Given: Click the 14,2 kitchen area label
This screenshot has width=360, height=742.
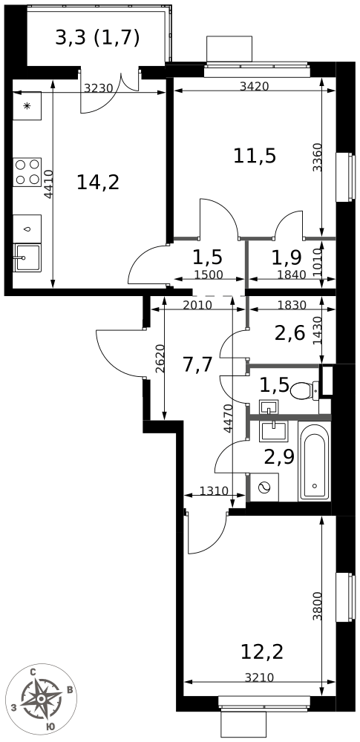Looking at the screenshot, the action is tap(97, 183).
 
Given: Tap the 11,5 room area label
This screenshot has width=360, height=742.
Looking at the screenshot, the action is tap(255, 155).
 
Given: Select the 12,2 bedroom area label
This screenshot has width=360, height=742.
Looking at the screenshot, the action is tap(262, 652).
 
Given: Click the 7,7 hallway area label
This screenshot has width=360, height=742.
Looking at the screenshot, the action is tap(197, 365).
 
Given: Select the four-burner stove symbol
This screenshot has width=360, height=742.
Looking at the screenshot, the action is tap(27, 172).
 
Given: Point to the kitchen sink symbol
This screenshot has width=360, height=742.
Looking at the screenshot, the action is tap(27, 257).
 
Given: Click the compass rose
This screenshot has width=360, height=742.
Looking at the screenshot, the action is tap(41, 698).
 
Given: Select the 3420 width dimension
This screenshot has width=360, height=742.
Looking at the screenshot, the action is tap(255, 86).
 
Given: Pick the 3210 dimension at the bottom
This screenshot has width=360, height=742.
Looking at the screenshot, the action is tap(259, 677).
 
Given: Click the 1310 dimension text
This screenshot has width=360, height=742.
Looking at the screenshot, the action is tap(214, 490).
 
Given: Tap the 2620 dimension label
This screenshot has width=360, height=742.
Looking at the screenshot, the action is tap(159, 359).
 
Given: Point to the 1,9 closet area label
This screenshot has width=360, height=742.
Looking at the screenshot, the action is tap(286, 257).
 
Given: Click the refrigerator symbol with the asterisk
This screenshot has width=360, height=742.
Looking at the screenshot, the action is tap(27, 106).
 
